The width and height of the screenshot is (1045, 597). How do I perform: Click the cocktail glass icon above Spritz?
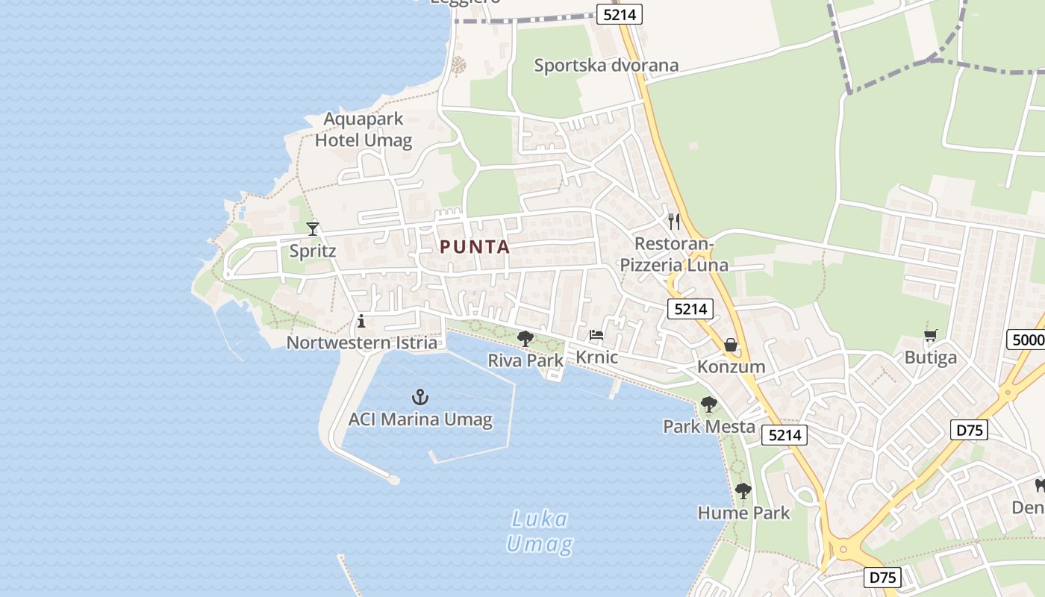point(313,228)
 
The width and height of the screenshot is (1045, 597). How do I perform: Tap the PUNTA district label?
point(475,247)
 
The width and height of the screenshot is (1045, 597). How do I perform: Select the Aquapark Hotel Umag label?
point(364,130)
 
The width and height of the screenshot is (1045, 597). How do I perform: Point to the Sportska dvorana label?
point(606,66)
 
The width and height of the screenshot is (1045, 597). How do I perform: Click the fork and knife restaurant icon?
point(674,221)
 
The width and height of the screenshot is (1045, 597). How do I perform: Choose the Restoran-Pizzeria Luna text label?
point(674,254)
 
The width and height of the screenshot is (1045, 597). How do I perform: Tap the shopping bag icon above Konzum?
point(731,345)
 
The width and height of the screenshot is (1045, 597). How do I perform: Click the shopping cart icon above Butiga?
point(930,336)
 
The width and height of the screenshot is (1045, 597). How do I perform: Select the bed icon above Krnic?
point(596,334)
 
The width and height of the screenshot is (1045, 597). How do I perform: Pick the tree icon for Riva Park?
point(525,339)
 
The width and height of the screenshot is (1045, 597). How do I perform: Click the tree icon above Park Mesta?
point(708,404)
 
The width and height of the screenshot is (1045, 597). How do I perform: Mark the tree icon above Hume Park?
point(743,490)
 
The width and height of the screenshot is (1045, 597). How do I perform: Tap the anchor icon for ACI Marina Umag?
point(420,396)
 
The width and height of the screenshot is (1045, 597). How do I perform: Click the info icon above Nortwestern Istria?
point(361,322)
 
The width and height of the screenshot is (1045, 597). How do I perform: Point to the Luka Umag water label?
point(539,531)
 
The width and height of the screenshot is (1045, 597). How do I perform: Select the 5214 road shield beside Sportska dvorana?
point(620,13)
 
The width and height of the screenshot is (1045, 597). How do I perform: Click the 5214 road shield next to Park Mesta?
point(784,435)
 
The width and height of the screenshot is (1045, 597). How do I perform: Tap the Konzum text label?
point(731,366)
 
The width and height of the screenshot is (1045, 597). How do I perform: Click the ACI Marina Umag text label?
point(420,419)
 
